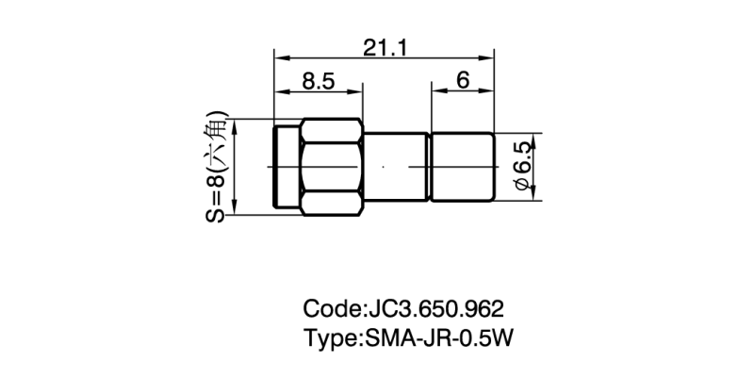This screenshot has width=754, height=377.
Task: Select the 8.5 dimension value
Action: click(319, 82)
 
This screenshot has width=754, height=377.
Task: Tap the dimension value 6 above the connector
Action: click(463, 82)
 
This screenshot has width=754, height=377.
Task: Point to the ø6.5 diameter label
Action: click(522, 169)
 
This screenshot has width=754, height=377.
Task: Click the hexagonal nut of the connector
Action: click(330, 166)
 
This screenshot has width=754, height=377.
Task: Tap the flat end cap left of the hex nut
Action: click(283, 166)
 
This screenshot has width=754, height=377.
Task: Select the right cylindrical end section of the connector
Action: click(462, 167)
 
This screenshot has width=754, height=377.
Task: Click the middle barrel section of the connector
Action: click(396, 167)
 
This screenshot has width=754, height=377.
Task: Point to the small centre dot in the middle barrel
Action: click(383, 168)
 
